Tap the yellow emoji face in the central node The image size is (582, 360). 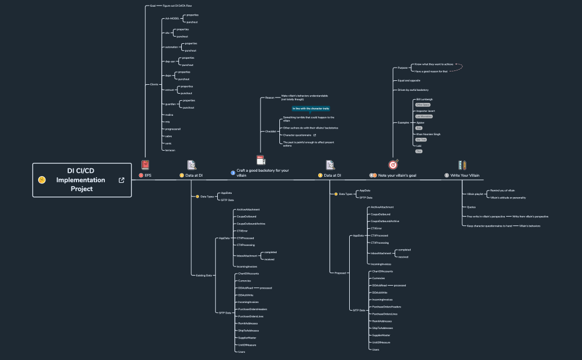point(42,180)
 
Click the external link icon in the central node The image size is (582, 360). point(121,180)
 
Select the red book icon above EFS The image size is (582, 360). point(145,164)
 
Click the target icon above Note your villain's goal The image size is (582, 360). point(393,164)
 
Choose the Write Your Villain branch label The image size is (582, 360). point(465,176)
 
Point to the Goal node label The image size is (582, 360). point(152,6)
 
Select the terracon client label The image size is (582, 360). point(170,150)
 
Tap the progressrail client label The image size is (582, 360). point(173,128)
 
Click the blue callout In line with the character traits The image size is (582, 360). point(311,109)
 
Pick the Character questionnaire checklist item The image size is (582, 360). point(297,135)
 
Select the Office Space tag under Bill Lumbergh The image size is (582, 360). point(423,104)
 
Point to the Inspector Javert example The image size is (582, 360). point(425,111)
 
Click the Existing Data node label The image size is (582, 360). point(205,275)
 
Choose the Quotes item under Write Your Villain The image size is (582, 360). point(471,207)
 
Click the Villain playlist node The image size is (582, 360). point(475,194)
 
